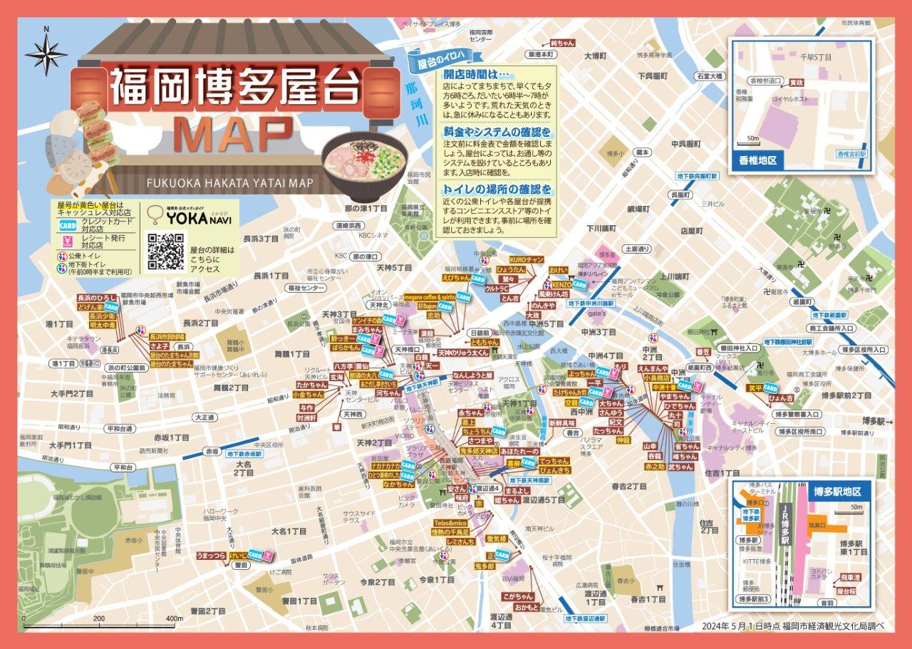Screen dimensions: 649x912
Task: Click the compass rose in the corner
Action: pyautogui.click(x=46, y=54)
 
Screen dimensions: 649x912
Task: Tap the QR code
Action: pyautogui.click(x=165, y=251)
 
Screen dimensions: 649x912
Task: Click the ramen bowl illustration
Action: pyautogui.click(x=364, y=165)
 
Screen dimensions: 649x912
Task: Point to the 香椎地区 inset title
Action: pyautogui.click(x=760, y=161)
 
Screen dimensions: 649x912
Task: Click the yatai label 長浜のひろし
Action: pyautogui.click(x=95, y=297)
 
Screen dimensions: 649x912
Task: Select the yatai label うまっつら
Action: pyautogui.click(x=212, y=554)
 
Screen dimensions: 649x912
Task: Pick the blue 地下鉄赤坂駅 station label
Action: pyautogui.click(x=244, y=453)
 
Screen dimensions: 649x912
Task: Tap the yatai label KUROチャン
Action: pyautogui.click(x=527, y=259)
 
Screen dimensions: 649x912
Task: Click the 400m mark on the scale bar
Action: pyautogui.click(x=173, y=618)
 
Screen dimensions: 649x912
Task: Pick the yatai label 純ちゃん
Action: pyautogui.click(x=562, y=43)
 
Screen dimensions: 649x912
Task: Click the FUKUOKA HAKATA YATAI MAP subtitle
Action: pyautogui.click(x=230, y=183)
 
